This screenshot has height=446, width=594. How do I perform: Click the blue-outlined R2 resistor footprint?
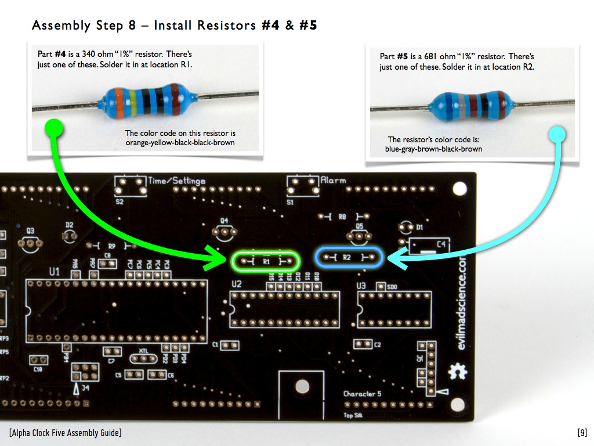pyautogui.click(x=348, y=257)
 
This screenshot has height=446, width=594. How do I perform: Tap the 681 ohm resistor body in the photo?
pyautogui.click(x=473, y=105)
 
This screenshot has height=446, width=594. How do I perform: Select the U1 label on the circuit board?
pyautogui.click(x=55, y=271)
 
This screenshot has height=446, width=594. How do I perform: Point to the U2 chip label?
pyautogui.click(x=236, y=284)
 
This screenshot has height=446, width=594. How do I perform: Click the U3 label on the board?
pyautogui.click(x=361, y=286)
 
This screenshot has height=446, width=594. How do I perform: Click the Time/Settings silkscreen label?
pyautogui.click(x=177, y=181)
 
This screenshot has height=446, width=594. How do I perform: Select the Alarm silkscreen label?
pyautogui.click(x=334, y=180)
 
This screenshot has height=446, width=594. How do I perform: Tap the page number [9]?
pyautogui.click(x=582, y=433)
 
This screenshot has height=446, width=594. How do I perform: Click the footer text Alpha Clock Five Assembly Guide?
pyautogui.click(x=65, y=433)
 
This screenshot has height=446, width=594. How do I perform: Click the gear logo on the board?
pyautogui.click(x=457, y=371)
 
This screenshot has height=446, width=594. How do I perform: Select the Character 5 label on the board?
pyautogui.click(x=363, y=394)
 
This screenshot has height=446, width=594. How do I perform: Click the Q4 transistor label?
pyautogui.click(x=224, y=220)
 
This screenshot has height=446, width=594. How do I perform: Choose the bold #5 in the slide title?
pyautogui.click(x=308, y=26)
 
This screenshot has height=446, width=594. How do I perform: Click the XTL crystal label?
pyautogui.click(x=144, y=351)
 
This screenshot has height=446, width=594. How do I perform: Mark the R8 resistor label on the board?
pyautogui.click(x=342, y=217)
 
